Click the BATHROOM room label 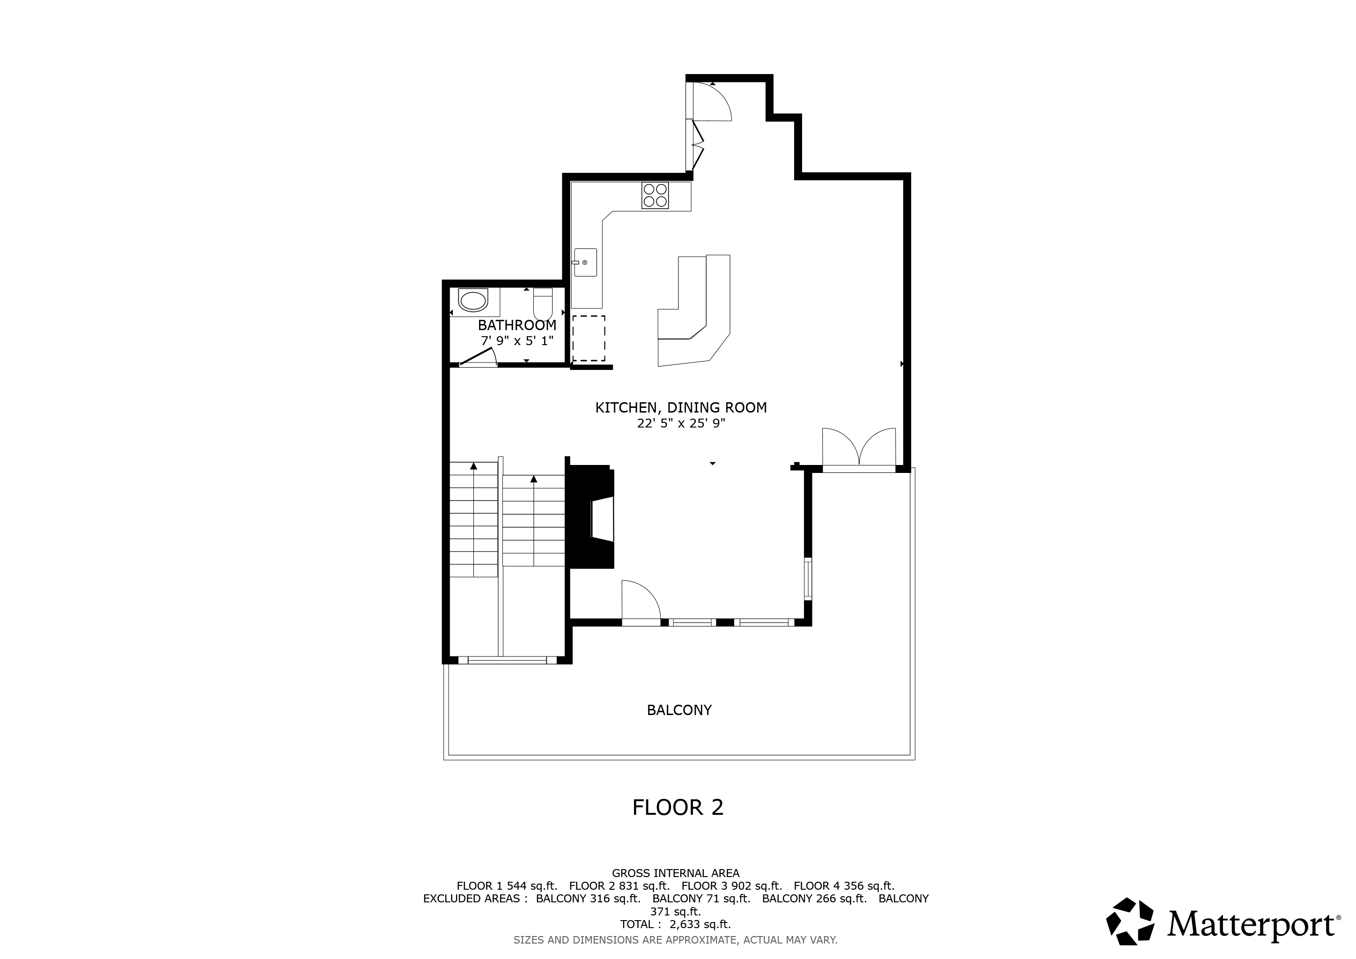pos(517,325)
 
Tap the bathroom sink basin pos(473,301)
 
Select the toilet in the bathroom pos(542,303)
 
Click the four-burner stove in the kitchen pos(655,195)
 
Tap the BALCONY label pos(679,710)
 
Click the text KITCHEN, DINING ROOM pos(680,407)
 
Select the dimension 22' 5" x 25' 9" pos(680,423)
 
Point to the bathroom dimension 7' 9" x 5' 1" pos(517,341)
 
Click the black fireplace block pos(592,516)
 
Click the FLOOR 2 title pos(678,808)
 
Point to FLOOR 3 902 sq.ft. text pos(731,886)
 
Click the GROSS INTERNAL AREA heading pos(675,873)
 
